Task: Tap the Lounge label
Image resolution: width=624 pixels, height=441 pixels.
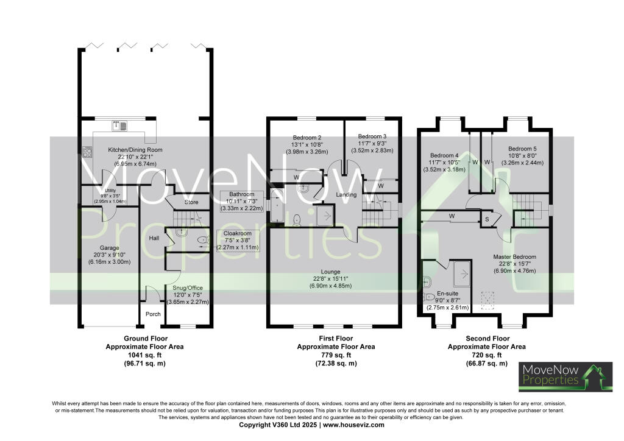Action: (333, 272)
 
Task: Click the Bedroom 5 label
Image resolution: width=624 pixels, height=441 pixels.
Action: (523, 148)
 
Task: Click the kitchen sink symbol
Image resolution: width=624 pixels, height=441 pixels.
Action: (118, 126)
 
